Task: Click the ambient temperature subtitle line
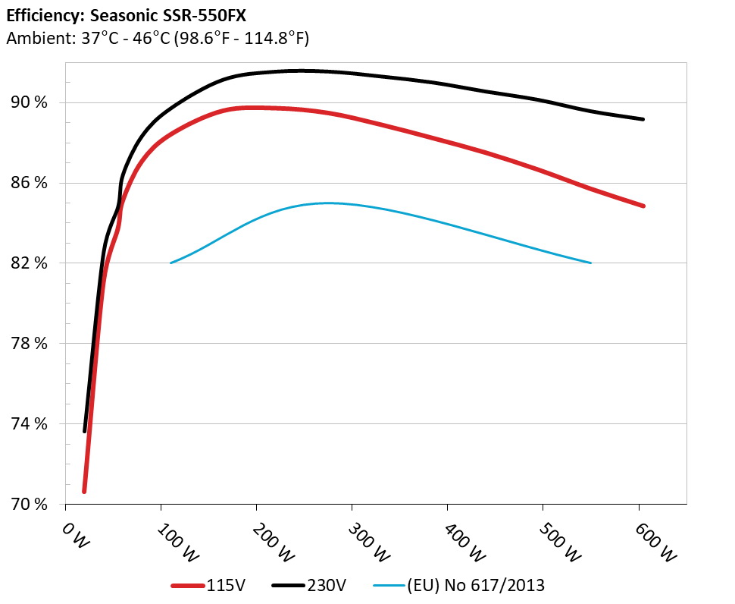157,38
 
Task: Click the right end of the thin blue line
590,263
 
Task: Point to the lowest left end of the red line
84,491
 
